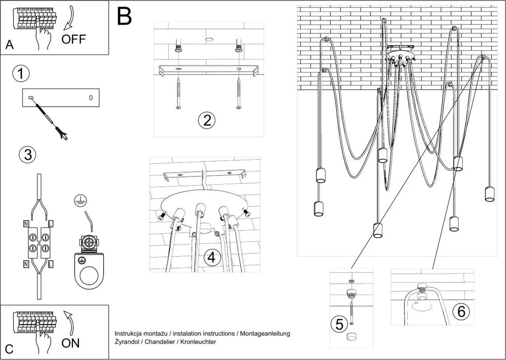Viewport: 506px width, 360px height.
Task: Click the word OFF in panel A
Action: click(x=73, y=40)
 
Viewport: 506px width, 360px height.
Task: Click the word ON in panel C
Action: click(x=70, y=343)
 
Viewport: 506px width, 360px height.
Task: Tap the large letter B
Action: click(x=125, y=16)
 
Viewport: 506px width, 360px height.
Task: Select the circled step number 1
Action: click(x=20, y=74)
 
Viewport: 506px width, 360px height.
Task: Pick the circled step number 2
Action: click(x=206, y=120)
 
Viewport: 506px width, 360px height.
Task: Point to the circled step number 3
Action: click(x=27, y=155)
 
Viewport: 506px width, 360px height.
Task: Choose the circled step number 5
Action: click(x=339, y=324)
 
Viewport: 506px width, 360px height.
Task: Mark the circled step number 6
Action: click(x=461, y=311)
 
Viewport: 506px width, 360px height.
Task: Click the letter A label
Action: click(x=9, y=45)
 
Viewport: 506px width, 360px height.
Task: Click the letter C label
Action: click(x=9, y=347)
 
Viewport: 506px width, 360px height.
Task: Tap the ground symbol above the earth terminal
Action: click(x=78, y=200)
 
